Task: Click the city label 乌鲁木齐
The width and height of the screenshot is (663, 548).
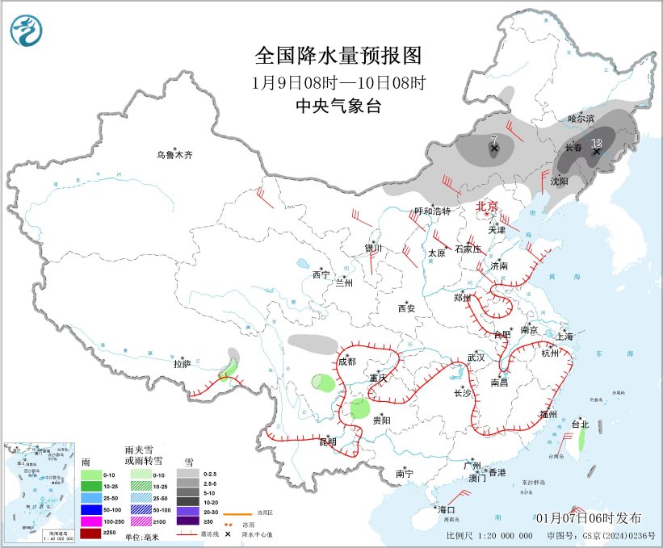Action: tap(175, 154)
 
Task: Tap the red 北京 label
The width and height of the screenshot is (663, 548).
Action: tap(488, 206)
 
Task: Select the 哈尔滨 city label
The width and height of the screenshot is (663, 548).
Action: tap(580, 119)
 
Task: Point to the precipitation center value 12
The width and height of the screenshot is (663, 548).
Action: tap(597, 143)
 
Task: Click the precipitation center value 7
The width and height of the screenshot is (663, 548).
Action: tap(493, 140)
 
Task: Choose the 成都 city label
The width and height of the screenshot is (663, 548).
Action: tap(346, 362)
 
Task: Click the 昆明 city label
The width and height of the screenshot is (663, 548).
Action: tap(327, 442)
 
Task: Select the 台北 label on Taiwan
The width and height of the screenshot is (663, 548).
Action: tap(580, 425)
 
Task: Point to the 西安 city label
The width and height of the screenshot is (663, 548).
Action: tap(405, 308)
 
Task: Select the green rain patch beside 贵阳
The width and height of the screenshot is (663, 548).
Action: tap(360, 408)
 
